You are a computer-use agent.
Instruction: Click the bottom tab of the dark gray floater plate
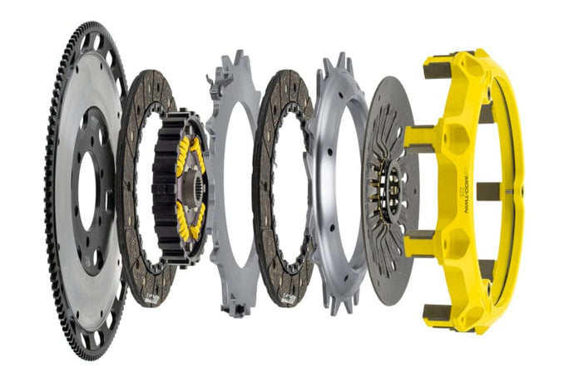point(236,309)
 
